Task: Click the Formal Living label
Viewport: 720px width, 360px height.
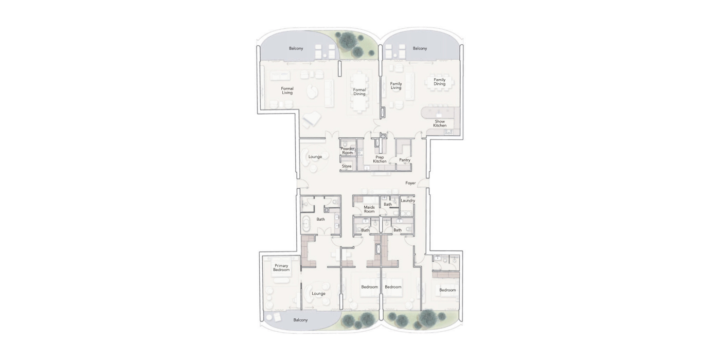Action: coord(287,91)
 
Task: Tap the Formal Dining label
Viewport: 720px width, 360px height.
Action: coord(359,92)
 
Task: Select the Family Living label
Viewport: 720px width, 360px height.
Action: coord(396,86)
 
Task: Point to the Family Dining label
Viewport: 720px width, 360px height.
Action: coord(439,82)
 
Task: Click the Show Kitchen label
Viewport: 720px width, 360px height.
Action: coord(440,123)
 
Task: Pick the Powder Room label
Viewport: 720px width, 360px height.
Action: coord(348,151)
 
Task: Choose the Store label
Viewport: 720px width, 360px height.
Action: coord(347,166)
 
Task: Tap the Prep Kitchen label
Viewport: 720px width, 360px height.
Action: coord(380,159)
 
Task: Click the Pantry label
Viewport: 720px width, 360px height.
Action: coord(405,160)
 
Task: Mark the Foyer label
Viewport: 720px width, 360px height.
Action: coord(410,183)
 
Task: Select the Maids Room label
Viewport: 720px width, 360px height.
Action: coord(369,209)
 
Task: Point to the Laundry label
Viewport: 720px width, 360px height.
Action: coord(408,201)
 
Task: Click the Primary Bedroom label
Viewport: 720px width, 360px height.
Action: coord(281,268)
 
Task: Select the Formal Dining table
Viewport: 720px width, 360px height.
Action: coord(359,93)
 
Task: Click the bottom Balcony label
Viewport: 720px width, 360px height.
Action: coord(300,320)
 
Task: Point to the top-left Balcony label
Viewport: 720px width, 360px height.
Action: coord(296,48)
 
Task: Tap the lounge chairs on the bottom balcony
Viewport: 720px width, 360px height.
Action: coord(273,318)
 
